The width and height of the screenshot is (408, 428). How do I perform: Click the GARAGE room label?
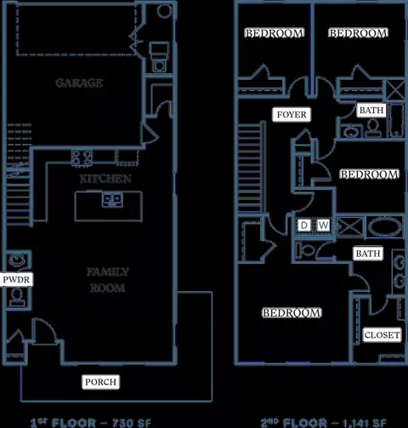[79, 83]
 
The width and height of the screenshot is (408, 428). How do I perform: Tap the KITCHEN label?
[105, 179]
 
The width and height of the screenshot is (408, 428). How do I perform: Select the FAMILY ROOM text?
[108, 280]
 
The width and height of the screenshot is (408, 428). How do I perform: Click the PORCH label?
[101, 382]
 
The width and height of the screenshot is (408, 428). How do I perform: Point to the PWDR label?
[16, 280]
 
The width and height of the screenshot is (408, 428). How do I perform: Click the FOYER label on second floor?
[292, 115]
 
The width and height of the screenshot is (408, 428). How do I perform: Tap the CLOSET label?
[382, 335]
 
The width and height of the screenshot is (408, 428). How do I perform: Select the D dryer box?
[304, 225]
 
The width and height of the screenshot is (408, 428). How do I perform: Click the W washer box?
[323, 225]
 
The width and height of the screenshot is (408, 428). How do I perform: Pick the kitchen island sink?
[112, 200]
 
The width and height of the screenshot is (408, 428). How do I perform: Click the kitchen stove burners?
[82, 157]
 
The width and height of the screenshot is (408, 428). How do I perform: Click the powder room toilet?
[17, 297]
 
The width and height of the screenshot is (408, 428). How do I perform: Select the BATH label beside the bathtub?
[371, 110]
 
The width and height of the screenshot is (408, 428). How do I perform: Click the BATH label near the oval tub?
[368, 254]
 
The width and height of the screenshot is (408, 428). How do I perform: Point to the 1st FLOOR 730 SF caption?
[91, 423]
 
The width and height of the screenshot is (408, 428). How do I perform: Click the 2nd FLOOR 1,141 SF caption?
[323, 423]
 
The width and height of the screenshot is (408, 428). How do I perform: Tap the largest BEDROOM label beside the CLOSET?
[292, 313]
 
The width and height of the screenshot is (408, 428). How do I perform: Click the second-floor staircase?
[249, 168]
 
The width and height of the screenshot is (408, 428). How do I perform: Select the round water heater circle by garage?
[165, 10]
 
